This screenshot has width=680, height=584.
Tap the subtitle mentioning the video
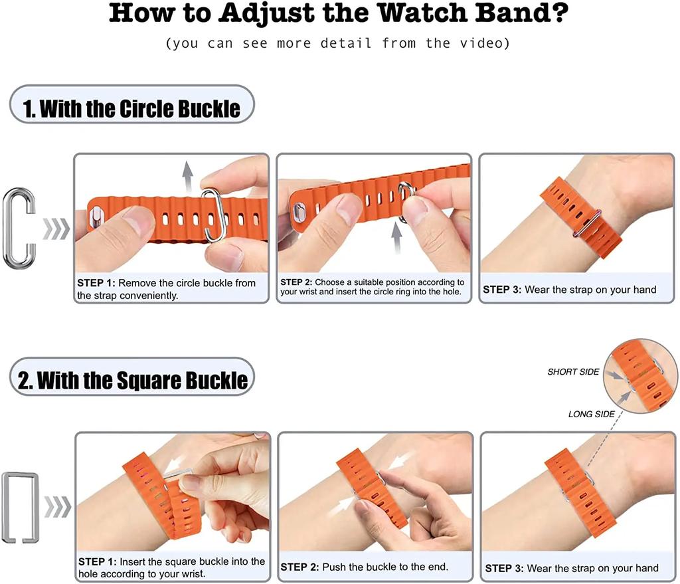click(338, 44)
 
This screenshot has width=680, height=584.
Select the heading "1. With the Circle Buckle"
click(131, 108)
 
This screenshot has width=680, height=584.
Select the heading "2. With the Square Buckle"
click(133, 381)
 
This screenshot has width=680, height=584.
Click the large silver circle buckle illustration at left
click(19, 229)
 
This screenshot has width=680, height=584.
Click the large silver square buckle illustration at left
click(19, 507)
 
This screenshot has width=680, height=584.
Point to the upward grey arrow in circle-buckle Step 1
click(188, 176)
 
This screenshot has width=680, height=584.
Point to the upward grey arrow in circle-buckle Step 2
click(397, 237)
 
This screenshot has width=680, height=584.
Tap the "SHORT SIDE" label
click(573, 372)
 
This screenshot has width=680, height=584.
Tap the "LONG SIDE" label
click(591, 415)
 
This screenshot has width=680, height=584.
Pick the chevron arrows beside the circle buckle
click(56, 229)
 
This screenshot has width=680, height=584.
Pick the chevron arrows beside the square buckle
click(58, 507)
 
